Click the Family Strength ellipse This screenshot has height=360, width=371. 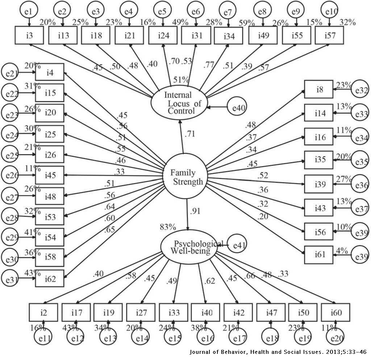pyautogui.click(x=185, y=176)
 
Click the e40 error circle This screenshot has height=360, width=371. pyautogui.click(x=237, y=107)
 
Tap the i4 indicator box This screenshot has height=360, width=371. pyautogui.click(x=50, y=72)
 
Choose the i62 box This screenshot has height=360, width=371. pyautogui.click(x=50, y=278)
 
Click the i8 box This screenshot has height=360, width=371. pyautogui.click(x=318, y=89)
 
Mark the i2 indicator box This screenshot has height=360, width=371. pyautogui.click(x=43, y=312)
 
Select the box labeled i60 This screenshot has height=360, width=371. pyautogui.click(x=335, y=312)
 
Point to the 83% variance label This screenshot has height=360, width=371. pyautogui.click(x=168, y=228)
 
